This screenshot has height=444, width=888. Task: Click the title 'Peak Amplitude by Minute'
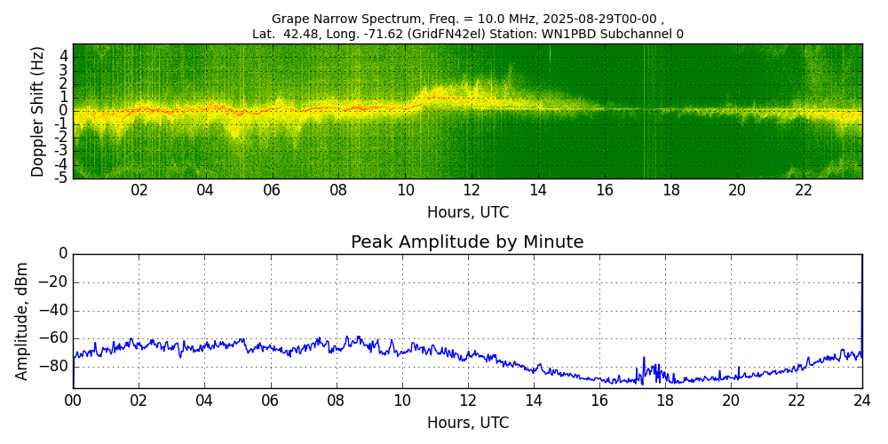[x=467, y=242]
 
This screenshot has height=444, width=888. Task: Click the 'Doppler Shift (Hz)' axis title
[x=38, y=111]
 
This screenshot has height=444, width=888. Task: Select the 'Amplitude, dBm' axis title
[x=22, y=321]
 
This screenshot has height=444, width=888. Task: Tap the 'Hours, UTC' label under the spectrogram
[x=467, y=213]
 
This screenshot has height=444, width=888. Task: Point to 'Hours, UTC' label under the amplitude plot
[x=467, y=423]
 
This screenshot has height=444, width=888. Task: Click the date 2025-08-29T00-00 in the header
[x=597, y=19]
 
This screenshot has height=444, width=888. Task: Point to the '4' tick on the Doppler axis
[x=64, y=56]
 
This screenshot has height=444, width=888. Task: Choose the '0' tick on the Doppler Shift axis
[x=64, y=111]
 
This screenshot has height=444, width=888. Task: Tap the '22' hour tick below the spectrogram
[x=804, y=190]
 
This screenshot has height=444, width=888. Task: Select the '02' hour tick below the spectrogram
[x=139, y=190]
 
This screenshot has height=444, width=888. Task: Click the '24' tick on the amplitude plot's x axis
[x=861, y=400]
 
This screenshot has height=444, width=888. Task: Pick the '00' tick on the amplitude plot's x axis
[x=73, y=400]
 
